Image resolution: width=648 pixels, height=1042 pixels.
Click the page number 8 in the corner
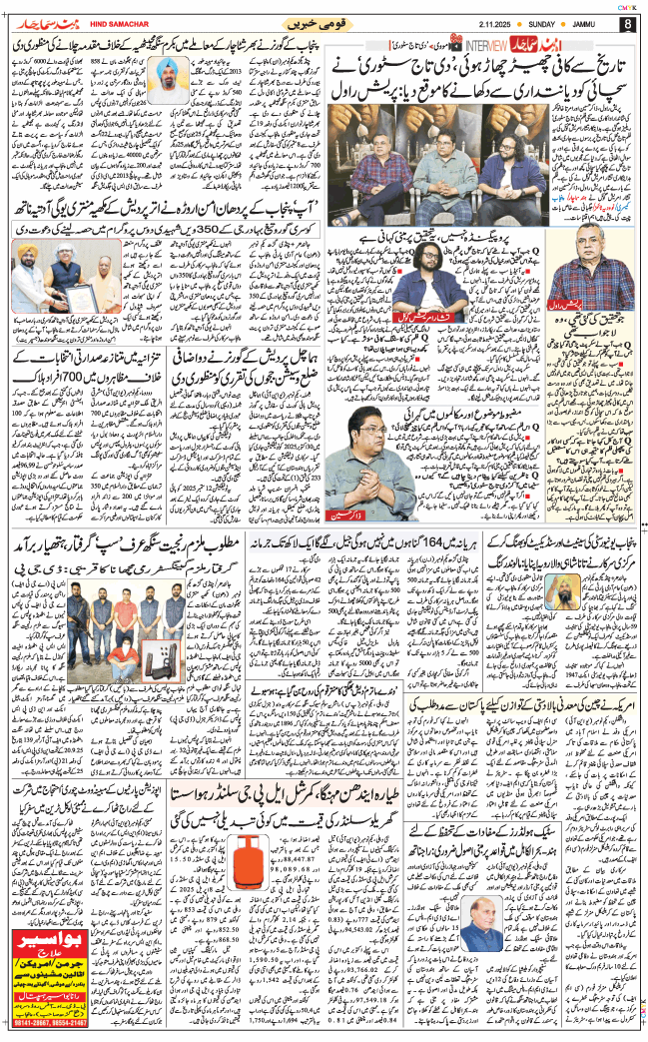click(x=626, y=25)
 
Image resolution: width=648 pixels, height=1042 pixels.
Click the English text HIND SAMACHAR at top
click(x=96, y=25)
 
